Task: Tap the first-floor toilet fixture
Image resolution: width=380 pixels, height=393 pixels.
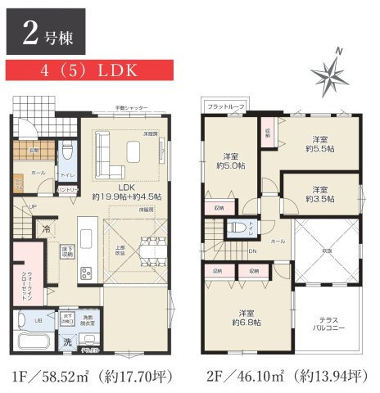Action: coord(69,153)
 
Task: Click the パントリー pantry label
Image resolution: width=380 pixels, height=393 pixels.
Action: coord(69,190)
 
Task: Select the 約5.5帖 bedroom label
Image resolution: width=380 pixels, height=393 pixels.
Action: coord(319,145)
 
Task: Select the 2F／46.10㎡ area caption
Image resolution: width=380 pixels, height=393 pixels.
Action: coord(285,377)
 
